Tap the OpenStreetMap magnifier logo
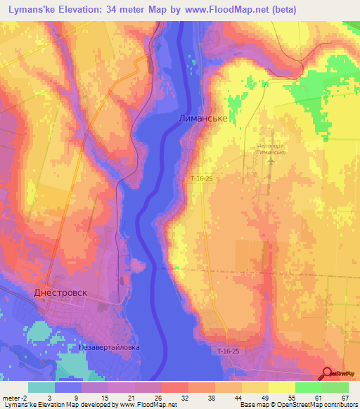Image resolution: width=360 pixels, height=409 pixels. pos(327,372)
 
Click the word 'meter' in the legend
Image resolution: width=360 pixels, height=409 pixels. pos(11,398)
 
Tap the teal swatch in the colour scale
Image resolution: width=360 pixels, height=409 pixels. pos(41,387)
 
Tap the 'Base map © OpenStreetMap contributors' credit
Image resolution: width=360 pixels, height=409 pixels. pos(298,405)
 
